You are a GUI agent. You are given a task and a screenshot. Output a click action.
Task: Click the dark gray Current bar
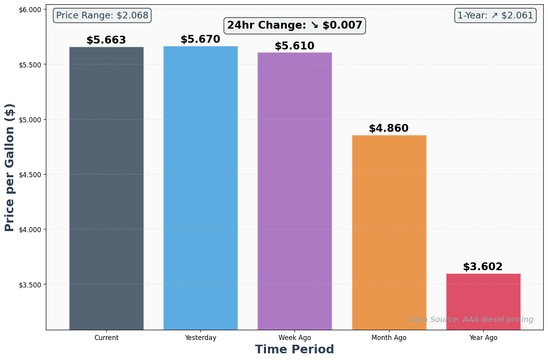(106, 188)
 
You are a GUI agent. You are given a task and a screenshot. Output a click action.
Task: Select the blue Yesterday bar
(200, 188)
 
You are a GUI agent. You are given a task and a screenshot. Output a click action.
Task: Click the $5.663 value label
(106, 40)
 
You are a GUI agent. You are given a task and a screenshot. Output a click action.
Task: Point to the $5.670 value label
(200, 40)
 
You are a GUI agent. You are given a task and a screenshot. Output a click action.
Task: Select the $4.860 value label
(389, 129)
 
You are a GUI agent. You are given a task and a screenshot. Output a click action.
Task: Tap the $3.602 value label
(483, 267)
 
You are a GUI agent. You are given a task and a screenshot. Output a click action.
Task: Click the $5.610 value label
(295, 46)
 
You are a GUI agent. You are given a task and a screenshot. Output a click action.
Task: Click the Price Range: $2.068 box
(102, 16)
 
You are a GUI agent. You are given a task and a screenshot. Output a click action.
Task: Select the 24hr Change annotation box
(295, 25)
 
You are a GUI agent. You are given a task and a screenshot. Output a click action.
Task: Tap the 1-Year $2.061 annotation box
(495, 16)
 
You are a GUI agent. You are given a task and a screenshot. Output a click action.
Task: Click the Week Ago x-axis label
(295, 338)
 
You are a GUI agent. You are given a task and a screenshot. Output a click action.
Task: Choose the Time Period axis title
(295, 349)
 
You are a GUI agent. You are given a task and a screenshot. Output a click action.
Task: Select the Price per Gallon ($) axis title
(10, 167)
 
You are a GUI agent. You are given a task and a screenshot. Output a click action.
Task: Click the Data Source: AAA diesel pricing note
(471, 320)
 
